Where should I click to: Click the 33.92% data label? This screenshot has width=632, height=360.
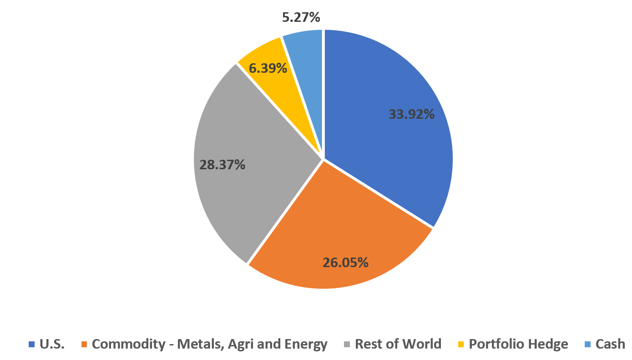click(x=411, y=114)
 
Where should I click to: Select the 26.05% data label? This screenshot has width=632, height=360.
click(x=345, y=263)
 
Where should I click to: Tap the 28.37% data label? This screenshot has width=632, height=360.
click(x=222, y=165)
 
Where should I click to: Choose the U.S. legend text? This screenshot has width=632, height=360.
click(x=52, y=344)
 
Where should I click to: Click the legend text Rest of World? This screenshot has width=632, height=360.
click(x=398, y=344)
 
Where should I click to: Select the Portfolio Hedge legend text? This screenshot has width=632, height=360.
click(x=518, y=344)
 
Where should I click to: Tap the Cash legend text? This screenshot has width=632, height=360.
click(x=610, y=344)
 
